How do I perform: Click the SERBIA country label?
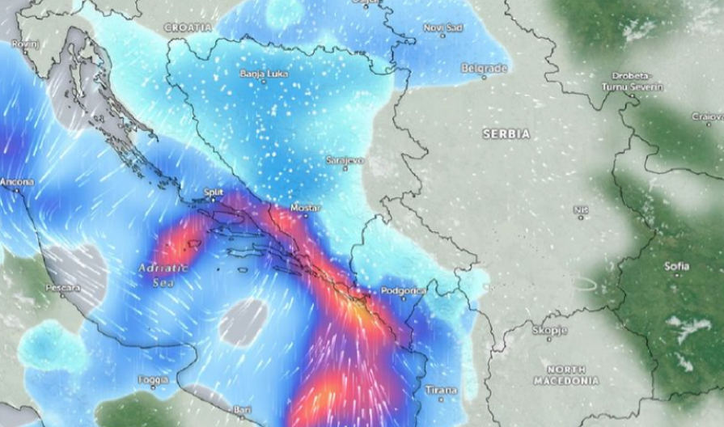506,133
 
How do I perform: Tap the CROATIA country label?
188,27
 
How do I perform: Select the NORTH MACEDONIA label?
566,374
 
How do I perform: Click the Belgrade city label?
484,69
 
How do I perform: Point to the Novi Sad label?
443,27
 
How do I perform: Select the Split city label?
214,192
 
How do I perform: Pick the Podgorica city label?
402,290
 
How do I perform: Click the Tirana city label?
442,391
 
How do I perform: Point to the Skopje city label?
549,330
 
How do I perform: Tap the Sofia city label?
676,266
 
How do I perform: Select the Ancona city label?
16,182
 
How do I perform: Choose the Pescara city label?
62,287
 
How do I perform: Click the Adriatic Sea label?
163,274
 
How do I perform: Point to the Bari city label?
242,410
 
